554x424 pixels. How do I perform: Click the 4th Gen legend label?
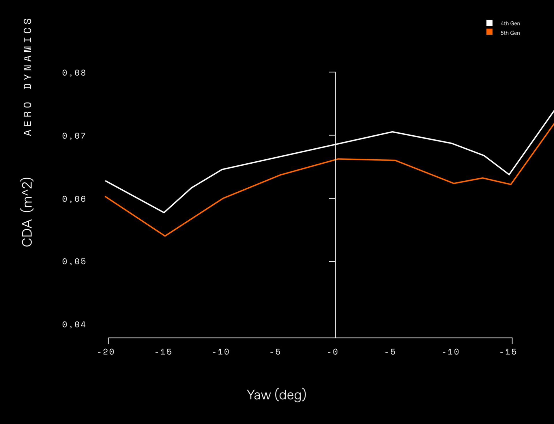point(510,23)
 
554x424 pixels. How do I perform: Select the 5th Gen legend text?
point(510,33)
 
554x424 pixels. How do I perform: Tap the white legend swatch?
point(489,23)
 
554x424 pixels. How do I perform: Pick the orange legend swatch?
point(489,32)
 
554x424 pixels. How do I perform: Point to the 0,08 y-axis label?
point(74,73)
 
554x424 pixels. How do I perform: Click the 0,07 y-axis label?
point(74,136)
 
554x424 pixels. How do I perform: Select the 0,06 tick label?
point(74,199)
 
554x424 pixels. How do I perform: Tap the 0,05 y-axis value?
point(74,262)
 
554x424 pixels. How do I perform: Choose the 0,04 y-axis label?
point(74,325)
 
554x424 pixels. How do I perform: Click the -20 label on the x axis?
point(106,352)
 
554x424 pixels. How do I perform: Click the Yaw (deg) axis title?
point(276,395)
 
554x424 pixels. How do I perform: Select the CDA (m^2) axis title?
point(27,212)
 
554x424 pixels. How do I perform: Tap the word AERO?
point(28,119)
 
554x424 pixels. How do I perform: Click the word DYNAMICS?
point(28,54)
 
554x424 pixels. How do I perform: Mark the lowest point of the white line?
point(164,213)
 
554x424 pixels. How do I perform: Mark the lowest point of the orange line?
point(165,236)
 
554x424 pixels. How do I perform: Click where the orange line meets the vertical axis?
point(335,159)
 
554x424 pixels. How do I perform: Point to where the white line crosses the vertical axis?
point(335,145)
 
